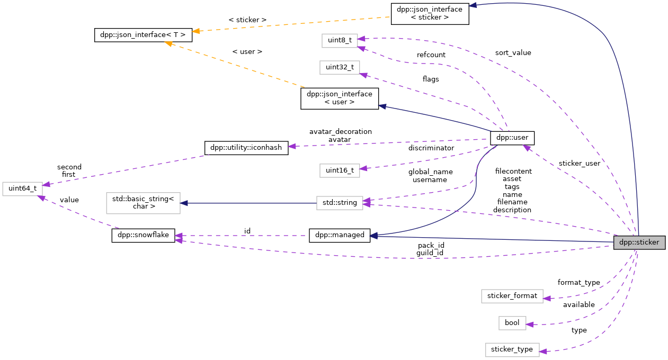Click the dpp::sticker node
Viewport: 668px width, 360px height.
tap(639, 243)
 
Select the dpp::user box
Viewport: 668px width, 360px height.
tap(512, 138)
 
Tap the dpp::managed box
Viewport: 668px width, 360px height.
tap(340, 236)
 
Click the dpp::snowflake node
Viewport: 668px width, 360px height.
tap(143, 236)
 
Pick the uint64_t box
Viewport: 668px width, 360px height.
tap(22, 188)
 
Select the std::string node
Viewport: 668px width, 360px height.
tap(340, 203)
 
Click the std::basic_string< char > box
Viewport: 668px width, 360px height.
tap(143, 203)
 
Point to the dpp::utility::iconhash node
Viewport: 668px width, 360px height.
tap(246, 148)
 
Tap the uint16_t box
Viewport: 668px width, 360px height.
tap(340, 170)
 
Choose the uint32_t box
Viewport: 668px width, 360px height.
tap(340, 67)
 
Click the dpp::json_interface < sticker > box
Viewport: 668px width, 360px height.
tap(430, 13)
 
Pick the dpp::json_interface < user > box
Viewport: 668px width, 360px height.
tap(340, 98)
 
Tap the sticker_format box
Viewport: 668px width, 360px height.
tap(512, 295)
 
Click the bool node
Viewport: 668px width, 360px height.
tap(512, 323)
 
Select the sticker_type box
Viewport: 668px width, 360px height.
tap(512, 349)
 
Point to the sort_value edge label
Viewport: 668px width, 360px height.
tap(513, 53)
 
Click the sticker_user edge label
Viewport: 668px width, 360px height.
tap(579, 164)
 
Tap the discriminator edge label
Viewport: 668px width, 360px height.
tap(431, 148)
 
